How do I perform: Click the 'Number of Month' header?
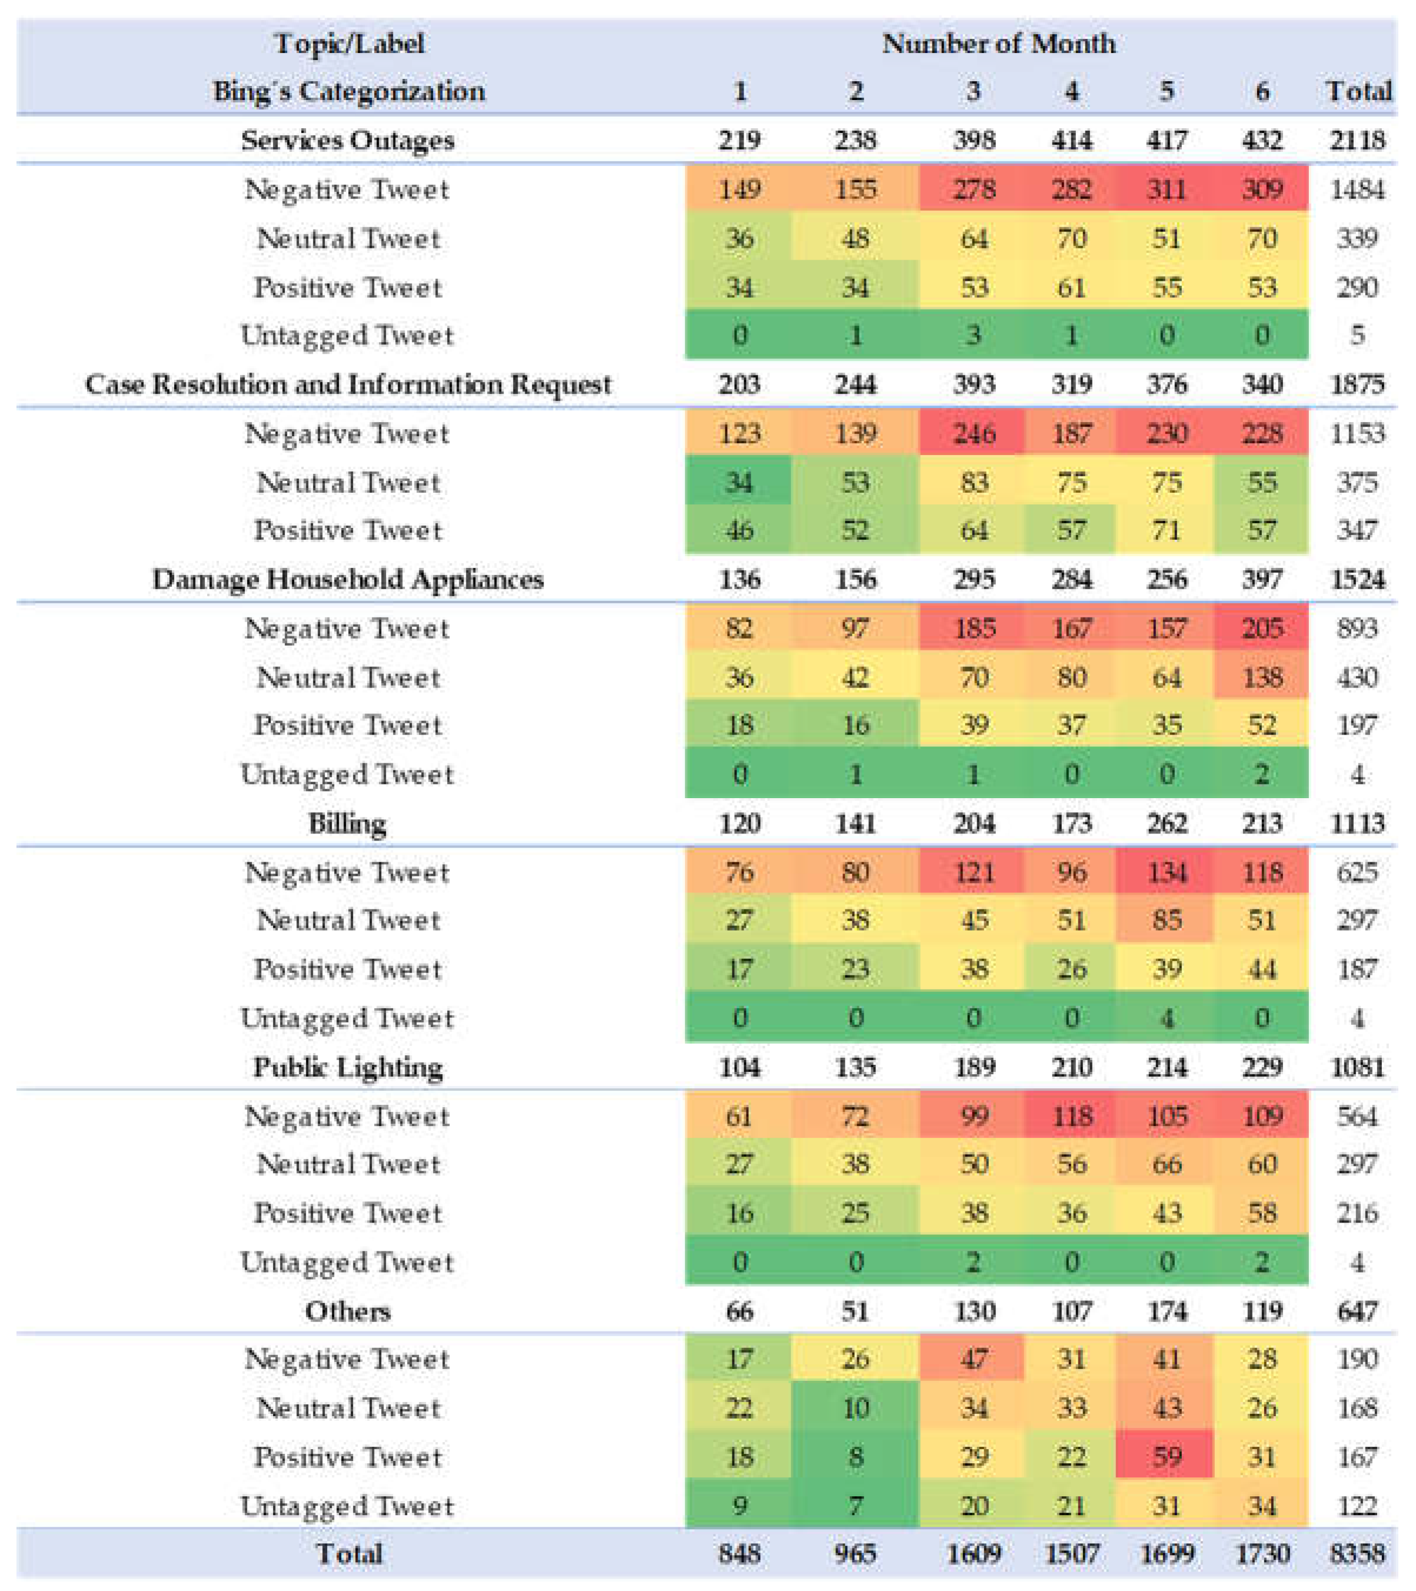998,44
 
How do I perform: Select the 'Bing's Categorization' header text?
348,92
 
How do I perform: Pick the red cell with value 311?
1166,189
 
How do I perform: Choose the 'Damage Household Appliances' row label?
348,580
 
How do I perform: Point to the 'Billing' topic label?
347,823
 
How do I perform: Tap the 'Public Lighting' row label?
348,1067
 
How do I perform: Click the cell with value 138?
1262,677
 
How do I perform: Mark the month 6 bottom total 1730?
1262,1554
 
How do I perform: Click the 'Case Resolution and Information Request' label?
348,384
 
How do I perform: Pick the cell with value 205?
1262,628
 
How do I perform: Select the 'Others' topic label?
348,1311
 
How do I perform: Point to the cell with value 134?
1166,872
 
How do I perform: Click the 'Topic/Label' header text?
349,44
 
